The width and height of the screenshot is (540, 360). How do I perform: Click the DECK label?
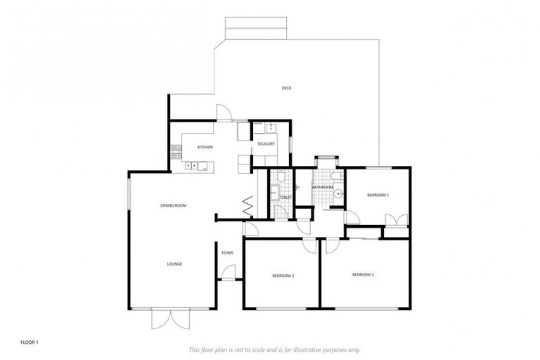tap(286, 88)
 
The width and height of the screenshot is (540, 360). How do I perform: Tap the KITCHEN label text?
tap(205, 147)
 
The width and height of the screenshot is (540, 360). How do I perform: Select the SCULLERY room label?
tap(266, 144)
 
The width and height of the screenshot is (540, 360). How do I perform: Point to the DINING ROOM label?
tap(173, 205)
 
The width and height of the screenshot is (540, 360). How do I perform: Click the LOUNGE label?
tap(174, 264)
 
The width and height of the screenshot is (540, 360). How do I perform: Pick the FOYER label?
tap(227, 252)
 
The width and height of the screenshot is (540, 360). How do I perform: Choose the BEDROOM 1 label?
tap(378, 195)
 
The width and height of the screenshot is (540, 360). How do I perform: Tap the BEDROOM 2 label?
tap(363, 274)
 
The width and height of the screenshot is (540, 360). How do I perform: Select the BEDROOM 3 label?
tap(283, 276)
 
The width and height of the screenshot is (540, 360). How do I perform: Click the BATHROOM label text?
tap(322, 187)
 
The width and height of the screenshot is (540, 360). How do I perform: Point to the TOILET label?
tap(285, 198)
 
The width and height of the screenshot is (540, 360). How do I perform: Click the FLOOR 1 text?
tap(29, 342)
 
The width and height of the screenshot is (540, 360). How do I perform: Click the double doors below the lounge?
tap(171, 319)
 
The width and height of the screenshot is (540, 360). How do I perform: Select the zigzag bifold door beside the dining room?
tap(248, 206)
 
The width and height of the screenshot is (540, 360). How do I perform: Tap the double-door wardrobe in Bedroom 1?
tap(397, 220)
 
